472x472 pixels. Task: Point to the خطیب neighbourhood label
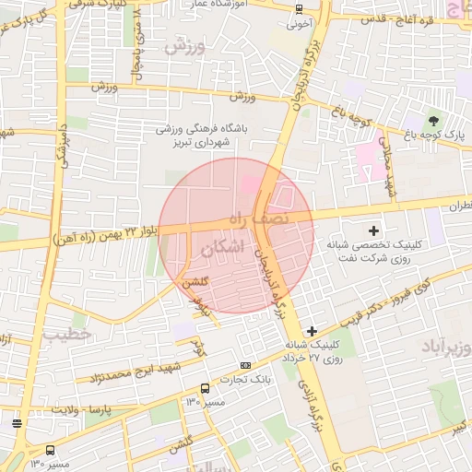[66, 334]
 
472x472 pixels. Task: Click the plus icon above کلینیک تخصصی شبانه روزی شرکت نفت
[373, 230]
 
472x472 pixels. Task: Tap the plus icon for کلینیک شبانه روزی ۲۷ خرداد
[313, 330]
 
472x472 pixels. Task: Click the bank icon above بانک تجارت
[244, 366]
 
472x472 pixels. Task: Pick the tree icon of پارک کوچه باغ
[433, 120]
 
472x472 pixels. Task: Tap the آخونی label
[299, 26]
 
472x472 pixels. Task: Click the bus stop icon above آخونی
[299, 9]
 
